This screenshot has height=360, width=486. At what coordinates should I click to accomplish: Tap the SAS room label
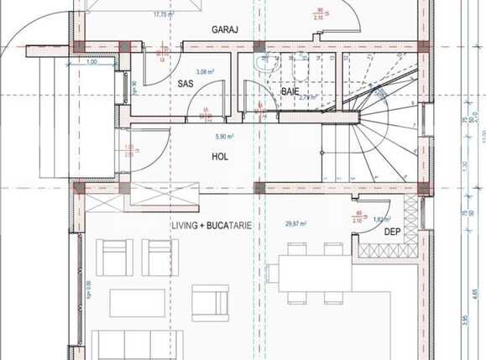pos(186,83)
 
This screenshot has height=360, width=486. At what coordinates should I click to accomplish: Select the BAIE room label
pos(290,91)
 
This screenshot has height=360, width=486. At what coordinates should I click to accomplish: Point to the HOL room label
pos(220,156)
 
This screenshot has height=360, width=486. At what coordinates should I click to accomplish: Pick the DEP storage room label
pos(391,232)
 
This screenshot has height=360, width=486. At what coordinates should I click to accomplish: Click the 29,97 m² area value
pos(295,224)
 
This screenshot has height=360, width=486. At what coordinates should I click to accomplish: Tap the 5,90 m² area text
pos(223,136)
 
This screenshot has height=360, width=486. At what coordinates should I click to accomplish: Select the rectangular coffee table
pos(137,302)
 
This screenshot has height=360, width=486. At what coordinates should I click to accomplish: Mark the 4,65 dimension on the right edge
pos(475,294)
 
